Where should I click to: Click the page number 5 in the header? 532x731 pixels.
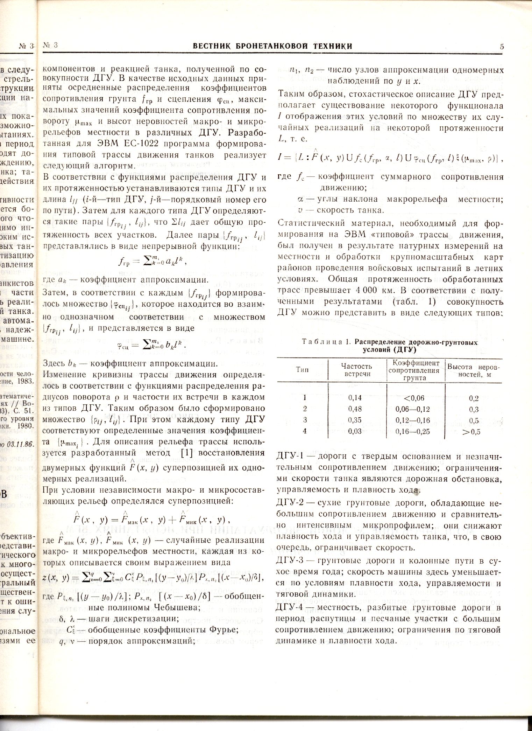pyautogui.click(x=502, y=47)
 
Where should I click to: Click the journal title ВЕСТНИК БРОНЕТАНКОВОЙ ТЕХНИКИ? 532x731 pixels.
pyautogui.click(x=267, y=46)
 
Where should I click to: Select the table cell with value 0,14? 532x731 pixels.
pyautogui.click(x=355, y=398)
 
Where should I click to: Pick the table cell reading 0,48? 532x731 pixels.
pyautogui.click(x=355, y=409)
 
